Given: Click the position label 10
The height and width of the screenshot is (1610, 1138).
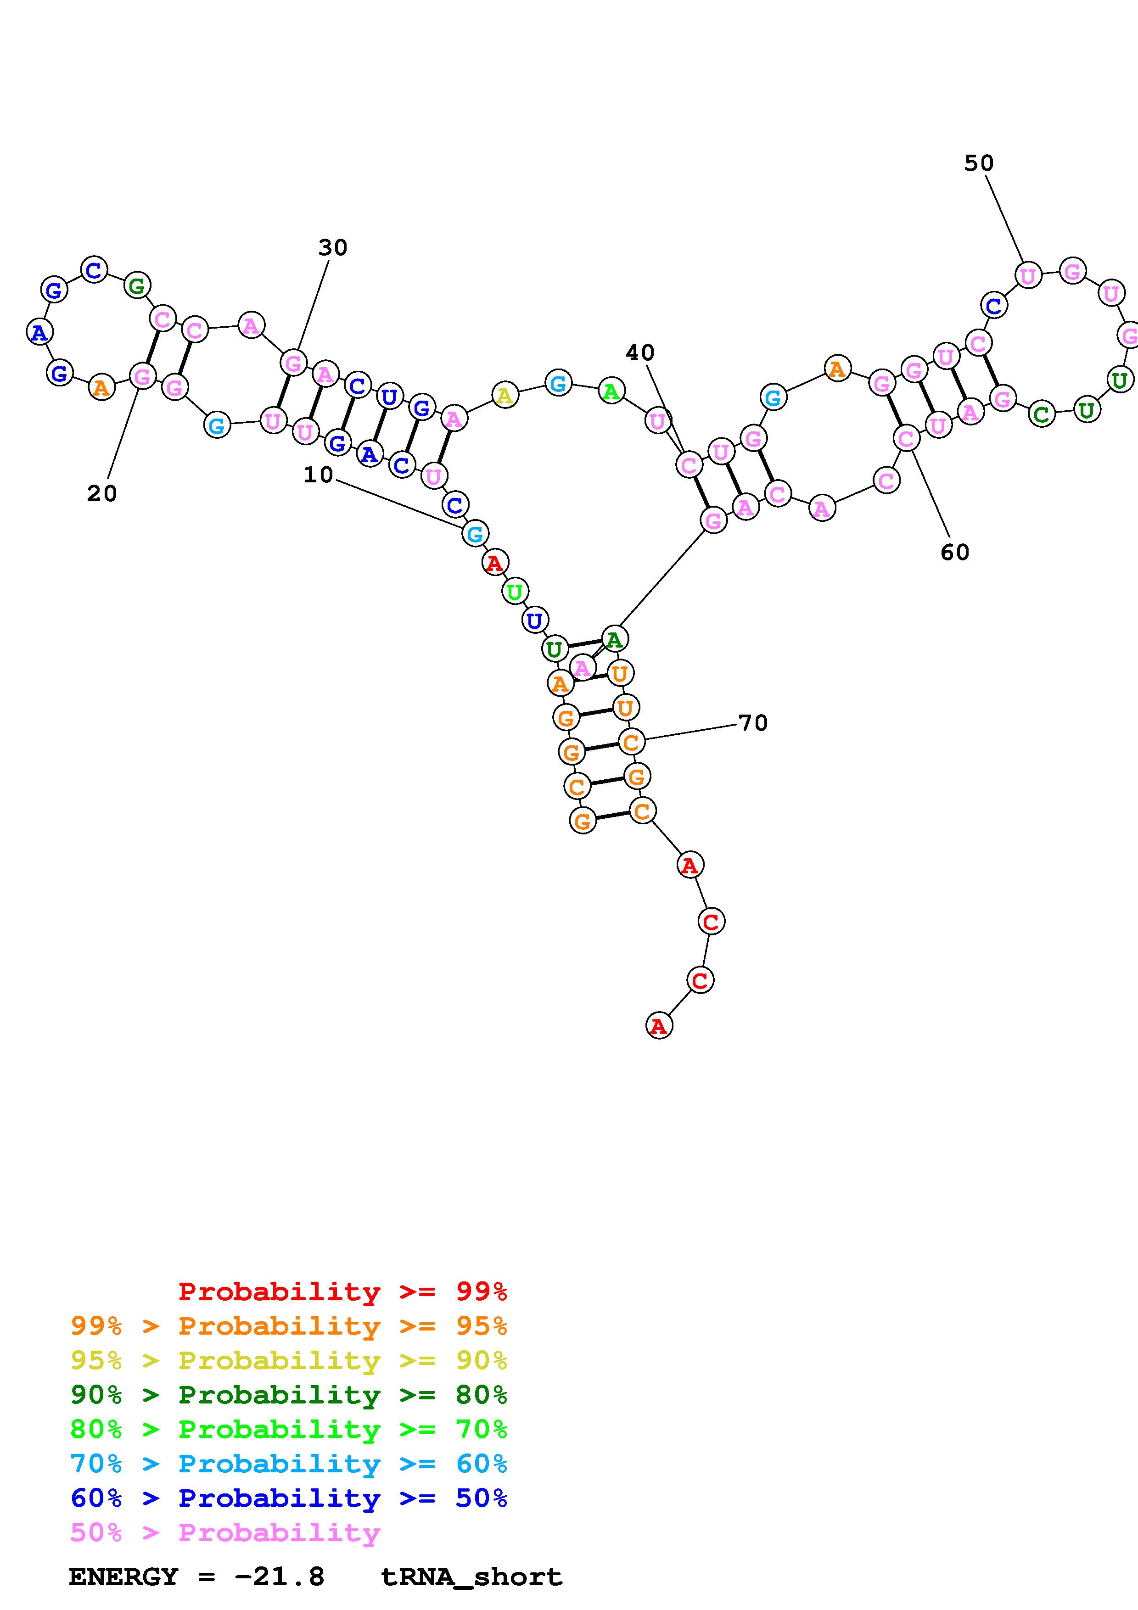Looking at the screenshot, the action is [x=318, y=475].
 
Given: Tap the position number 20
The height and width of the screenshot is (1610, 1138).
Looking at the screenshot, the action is [x=101, y=494].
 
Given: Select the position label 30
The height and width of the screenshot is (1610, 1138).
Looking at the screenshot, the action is [x=332, y=247].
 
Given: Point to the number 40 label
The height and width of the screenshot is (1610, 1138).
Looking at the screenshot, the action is [x=639, y=353].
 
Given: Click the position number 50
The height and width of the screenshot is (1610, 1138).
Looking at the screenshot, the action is [x=978, y=163].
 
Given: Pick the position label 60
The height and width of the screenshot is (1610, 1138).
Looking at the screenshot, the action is [x=954, y=553].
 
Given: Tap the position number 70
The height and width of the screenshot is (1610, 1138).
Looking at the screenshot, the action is [x=753, y=722].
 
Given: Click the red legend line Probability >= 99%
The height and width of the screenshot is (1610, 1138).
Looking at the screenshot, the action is [x=342, y=1291].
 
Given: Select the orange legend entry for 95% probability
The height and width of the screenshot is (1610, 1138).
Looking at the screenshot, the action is [x=288, y=1326].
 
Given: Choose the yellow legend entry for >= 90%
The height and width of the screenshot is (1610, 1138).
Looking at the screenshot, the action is [x=288, y=1360].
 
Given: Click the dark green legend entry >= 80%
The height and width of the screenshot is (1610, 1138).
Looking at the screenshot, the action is [x=288, y=1395].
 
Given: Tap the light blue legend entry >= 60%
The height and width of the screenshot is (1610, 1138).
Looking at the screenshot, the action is [x=288, y=1464].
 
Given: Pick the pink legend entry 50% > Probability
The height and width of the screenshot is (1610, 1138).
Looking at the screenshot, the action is [x=225, y=1532].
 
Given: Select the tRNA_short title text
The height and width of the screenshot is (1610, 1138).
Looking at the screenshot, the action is [x=471, y=1577].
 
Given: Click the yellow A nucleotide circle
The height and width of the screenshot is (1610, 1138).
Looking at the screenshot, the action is [x=504, y=396].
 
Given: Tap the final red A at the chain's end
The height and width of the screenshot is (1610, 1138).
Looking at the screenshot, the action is [x=658, y=1026].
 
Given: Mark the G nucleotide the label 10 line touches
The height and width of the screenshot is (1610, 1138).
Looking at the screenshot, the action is [x=475, y=534].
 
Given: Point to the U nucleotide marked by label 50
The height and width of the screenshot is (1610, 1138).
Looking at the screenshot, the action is [x=1027, y=275].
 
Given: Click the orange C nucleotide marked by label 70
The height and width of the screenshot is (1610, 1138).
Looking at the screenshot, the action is [x=631, y=741].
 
